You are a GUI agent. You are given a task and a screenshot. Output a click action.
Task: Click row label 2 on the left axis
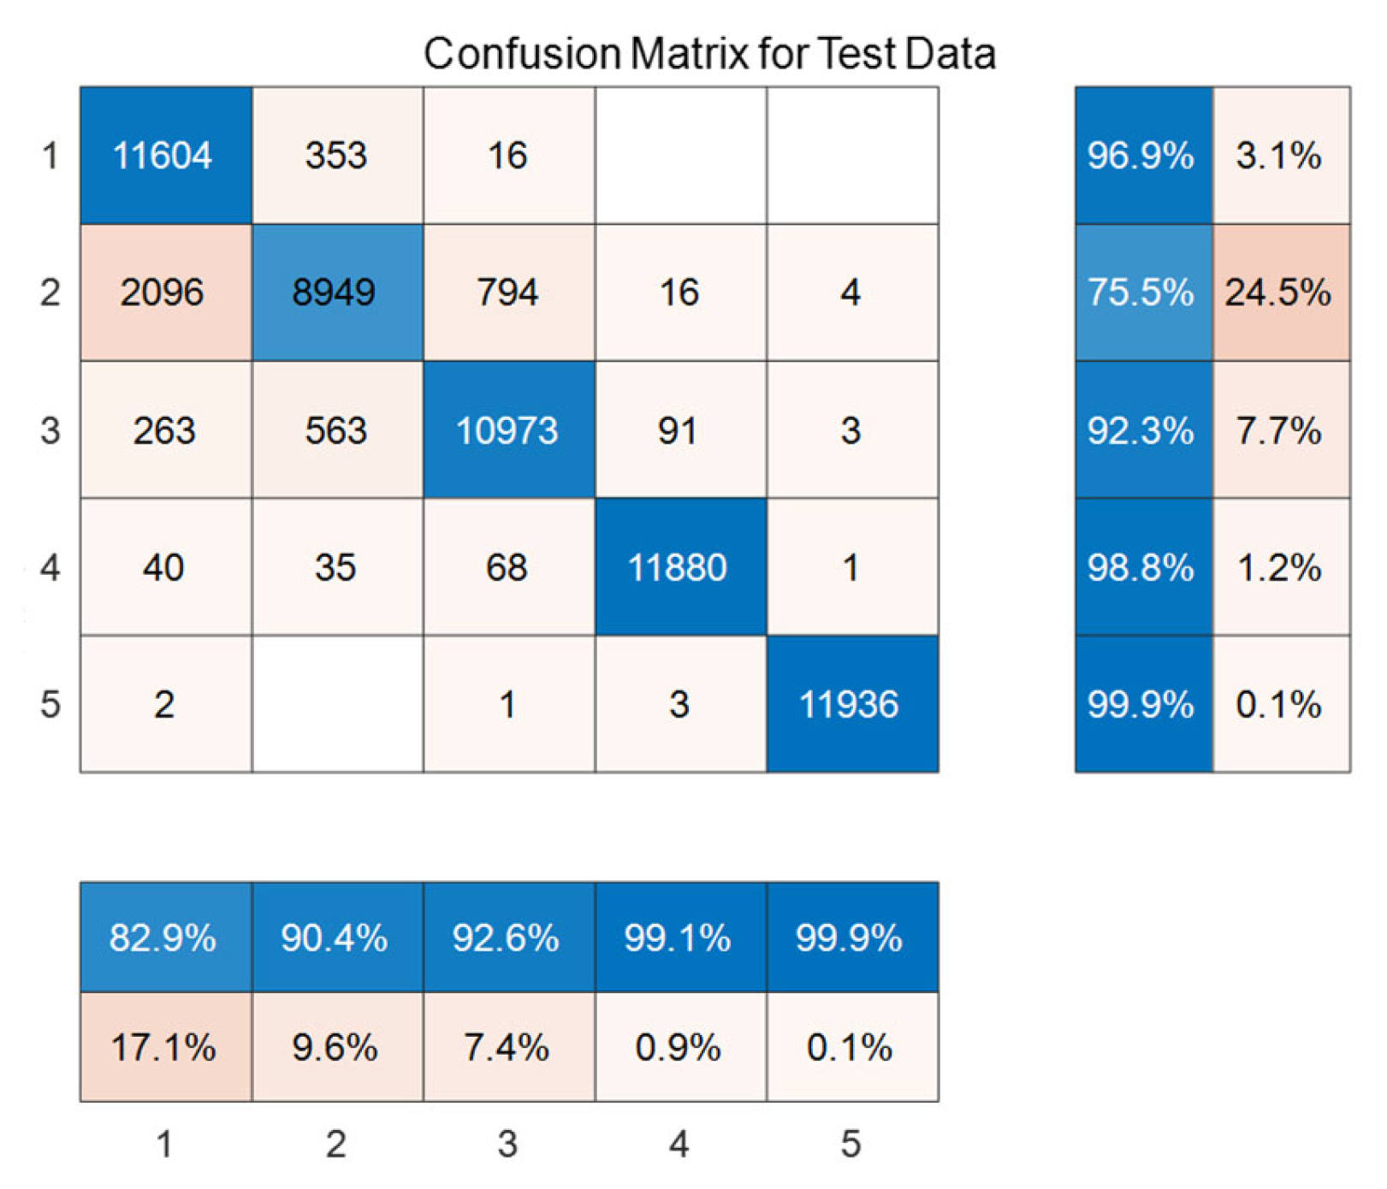pos(50,293)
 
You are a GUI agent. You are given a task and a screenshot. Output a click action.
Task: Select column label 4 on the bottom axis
pos(679,1144)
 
